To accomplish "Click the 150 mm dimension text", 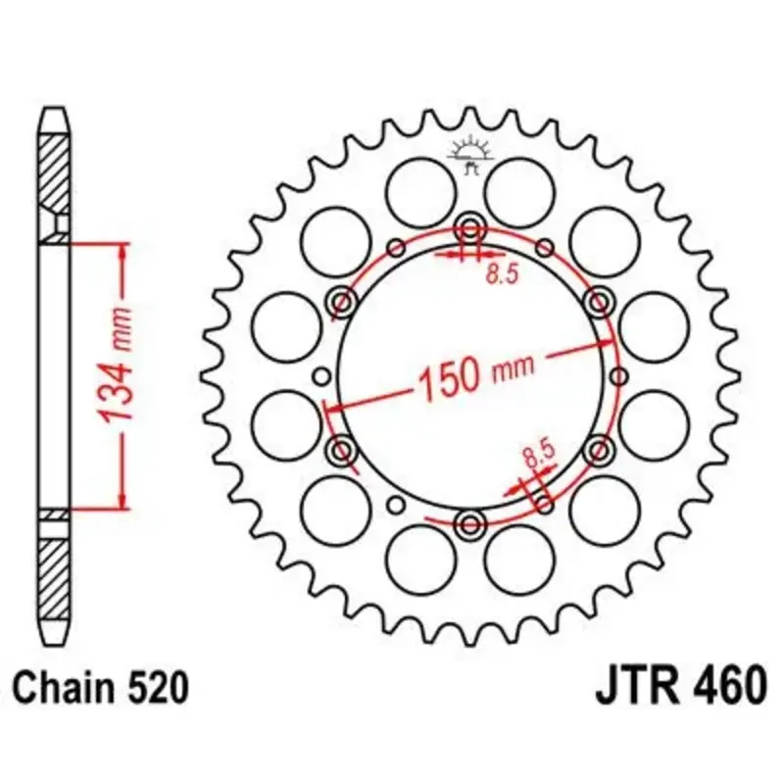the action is coord(475,375).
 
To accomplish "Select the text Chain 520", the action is coord(101,688).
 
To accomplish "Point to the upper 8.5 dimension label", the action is coord(502,274).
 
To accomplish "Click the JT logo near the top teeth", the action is coord(470,155).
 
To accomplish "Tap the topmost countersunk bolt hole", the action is coord(470,230).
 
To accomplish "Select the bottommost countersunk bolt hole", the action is coord(470,524).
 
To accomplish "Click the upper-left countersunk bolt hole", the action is coord(343,303).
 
